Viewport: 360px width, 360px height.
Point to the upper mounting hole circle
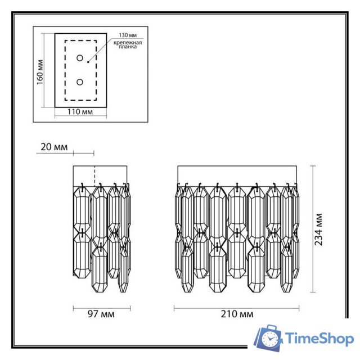coord(79,58)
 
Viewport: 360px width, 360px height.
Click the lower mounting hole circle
coord(79,82)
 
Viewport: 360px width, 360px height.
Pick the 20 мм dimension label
coord(54,147)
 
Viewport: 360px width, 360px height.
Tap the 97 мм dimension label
coord(101,314)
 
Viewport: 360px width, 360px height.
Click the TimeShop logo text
coord(319,339)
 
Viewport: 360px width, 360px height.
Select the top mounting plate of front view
coord(237,175)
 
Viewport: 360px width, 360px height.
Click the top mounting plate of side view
coord(101,175)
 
